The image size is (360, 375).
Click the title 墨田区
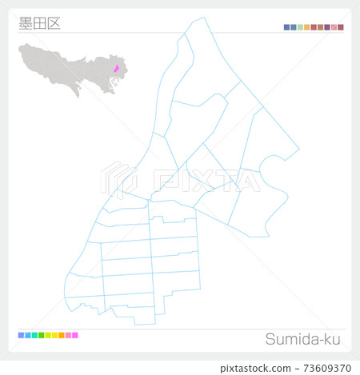pyautogui.click(x=38, y=23)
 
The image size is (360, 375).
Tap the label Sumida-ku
pyautogui.click(x=305, y=339)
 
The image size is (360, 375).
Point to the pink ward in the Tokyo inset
pyautogui.click(x=116, y=69)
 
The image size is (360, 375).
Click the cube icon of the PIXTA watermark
pyautogui.click(x=117, y=179)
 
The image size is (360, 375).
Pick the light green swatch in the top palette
pyautogui.click(x=301, y=27)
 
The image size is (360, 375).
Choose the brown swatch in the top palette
pyautogui.click(x=321, y=27)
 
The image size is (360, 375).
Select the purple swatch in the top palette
pyautogui.click(x=327, y=27)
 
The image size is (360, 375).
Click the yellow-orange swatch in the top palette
pyautogui.click(x=307, y=27)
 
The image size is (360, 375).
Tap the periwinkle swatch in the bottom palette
pyautogui.click(x=21, y=335)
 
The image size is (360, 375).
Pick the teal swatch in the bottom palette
pyautogui.click(x=34, y=335)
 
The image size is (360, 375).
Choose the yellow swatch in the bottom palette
pyautogui.click(x=54, y=335)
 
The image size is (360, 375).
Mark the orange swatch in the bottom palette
pyautogui.click(x=62, y=335)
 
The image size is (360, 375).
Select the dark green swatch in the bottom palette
pyautogui.click(x=41, y=335)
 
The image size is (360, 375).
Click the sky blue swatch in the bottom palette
pyautogui.click(x=27, y=335)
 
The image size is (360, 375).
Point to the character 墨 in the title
pyautogui.click(x=25, y=23)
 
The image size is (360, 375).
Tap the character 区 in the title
pyautogui.click(x=53, y=23)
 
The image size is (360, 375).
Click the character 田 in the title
pyautogui.click(x=38, y=23)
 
